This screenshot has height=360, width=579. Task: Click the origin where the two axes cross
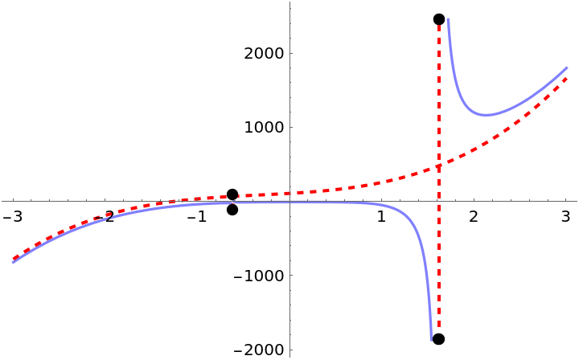tap(289, 201)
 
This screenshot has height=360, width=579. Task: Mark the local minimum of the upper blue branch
tap(487, 115)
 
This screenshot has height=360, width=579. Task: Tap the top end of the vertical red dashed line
tap(439, 26)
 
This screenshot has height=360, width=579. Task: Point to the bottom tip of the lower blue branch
tap(431, 339)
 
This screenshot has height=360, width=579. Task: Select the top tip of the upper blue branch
tap(448, 18)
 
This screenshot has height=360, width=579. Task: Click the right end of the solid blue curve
tap(567, 67)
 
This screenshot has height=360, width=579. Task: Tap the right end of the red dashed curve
tap(567, 77)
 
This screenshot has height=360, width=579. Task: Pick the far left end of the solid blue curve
tap(12, 262)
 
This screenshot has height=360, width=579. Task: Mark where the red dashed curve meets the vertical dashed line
tap(439, 166)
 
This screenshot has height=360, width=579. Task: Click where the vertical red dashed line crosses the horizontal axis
tap(439, 201)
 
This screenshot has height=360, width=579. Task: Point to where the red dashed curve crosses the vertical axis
tap(289, 194)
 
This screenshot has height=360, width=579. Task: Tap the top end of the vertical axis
tap(289, 2)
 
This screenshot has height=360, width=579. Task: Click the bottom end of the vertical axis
tap(289, 357)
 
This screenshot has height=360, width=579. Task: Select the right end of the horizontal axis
tap(577, 201)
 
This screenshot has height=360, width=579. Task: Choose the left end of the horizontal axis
tap(2, 201)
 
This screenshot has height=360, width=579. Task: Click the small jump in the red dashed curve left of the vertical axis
tap(239, 195)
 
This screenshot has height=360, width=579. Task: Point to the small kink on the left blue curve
tap(109, 217)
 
